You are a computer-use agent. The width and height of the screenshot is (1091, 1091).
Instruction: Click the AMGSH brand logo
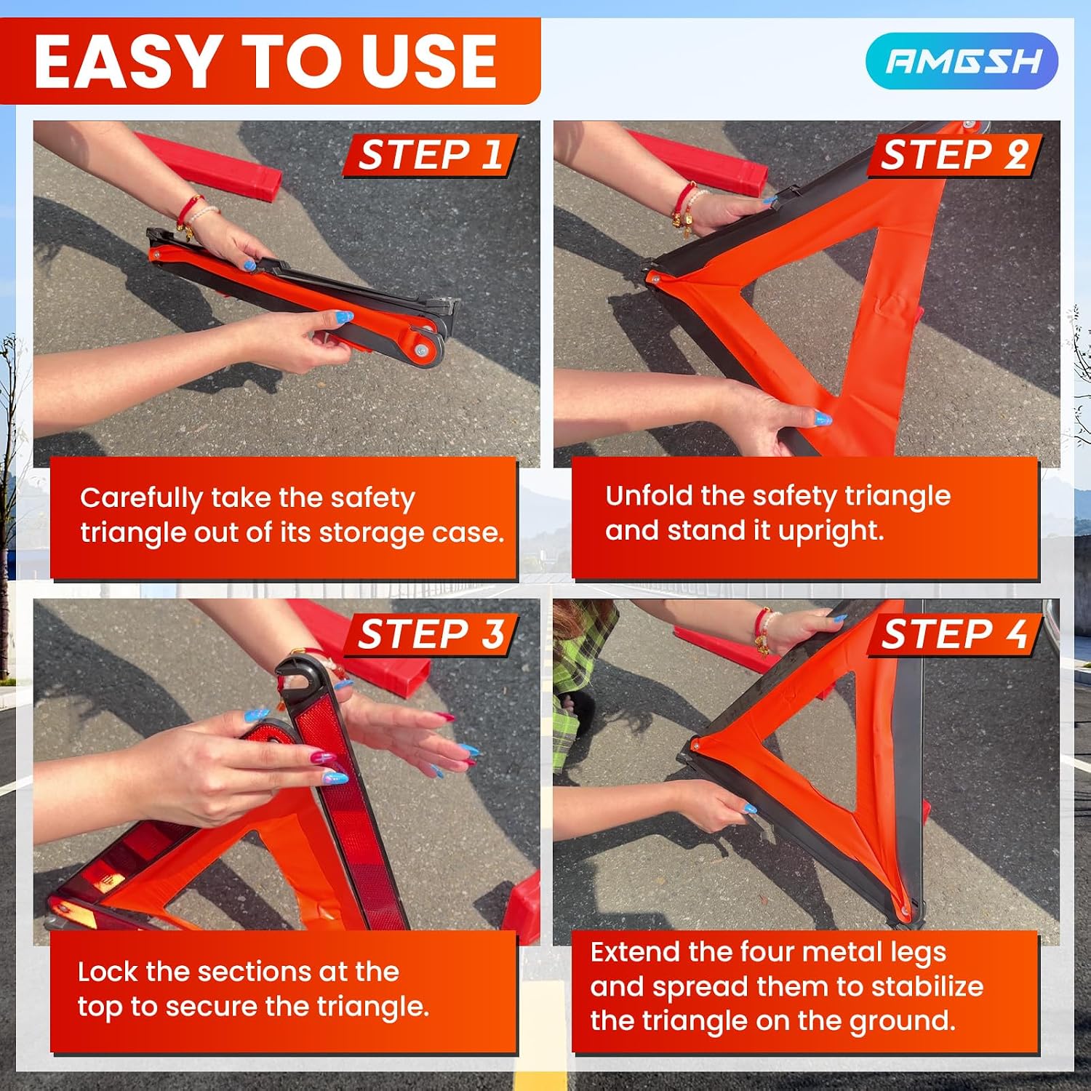click(x=962, y=61)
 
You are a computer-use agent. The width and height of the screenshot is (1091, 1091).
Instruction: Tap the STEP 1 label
click(x=430, y=155)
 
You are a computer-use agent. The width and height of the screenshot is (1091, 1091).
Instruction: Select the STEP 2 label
click(x=954, y=155)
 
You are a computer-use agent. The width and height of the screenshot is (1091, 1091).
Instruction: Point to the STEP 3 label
click(x=431, y=634)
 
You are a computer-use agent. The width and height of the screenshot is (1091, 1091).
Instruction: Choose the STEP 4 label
click(x=955, y=634)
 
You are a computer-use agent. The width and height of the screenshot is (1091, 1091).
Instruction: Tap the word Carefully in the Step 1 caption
click(x=141, y=499)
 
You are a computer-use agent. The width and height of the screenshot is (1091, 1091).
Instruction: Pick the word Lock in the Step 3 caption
click(x=108, y=972)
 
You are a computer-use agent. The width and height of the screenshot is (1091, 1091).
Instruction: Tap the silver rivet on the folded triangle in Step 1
click(x=422, y=351)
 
